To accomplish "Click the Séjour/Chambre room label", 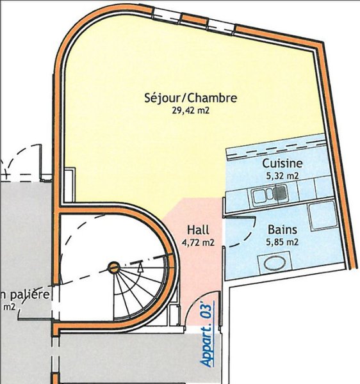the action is [191, 98].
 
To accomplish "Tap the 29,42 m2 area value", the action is [191, 111].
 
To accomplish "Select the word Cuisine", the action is [282, 163].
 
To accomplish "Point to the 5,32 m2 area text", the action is [282, 175].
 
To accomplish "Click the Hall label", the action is [198, 230].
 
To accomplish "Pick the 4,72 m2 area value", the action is [198, 243].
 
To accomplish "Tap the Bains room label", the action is [282, 230].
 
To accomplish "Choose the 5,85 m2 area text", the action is [282, 242].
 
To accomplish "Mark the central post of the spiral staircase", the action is [114, 268].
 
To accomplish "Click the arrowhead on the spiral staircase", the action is [140, 268].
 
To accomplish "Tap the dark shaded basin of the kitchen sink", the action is [280, 192].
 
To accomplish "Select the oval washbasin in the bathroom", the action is [275, 263].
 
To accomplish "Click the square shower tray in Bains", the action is [323, 216].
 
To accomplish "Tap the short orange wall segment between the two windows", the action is [195, 19].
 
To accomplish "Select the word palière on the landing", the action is [30, 295].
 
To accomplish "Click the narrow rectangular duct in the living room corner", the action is [69, 185].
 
